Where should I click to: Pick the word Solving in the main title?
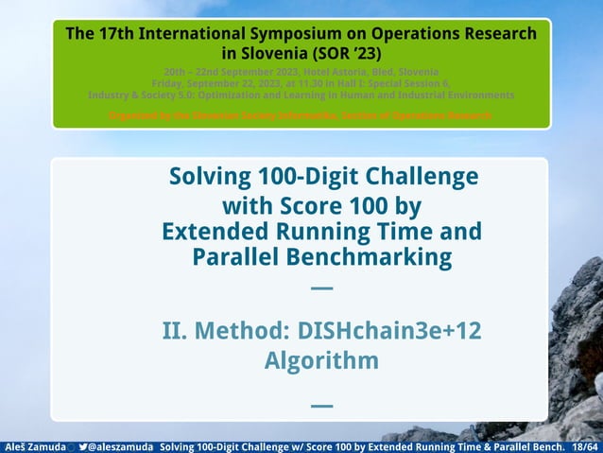coord(206,177)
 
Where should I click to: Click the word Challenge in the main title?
coord(424,177)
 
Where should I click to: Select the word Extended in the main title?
coord(221,232)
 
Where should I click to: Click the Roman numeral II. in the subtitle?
coord(179,332)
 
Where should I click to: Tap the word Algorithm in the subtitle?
coord(321,360)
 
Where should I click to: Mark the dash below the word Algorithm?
coord(321,406)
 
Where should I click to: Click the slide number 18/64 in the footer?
coord(585,445)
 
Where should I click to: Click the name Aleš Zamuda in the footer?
coord(35,445)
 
